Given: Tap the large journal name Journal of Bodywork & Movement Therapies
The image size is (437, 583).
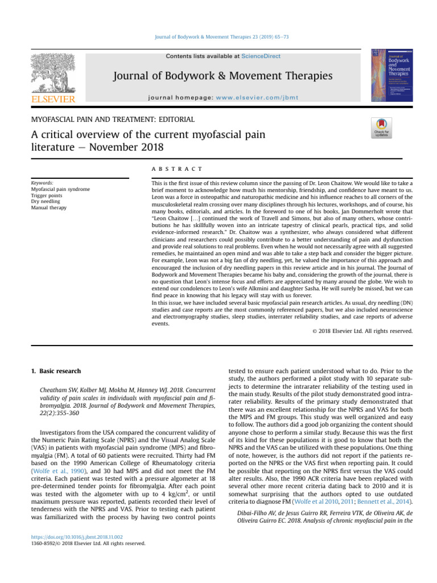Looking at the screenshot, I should pyautogui.click(x=222, y=76).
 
